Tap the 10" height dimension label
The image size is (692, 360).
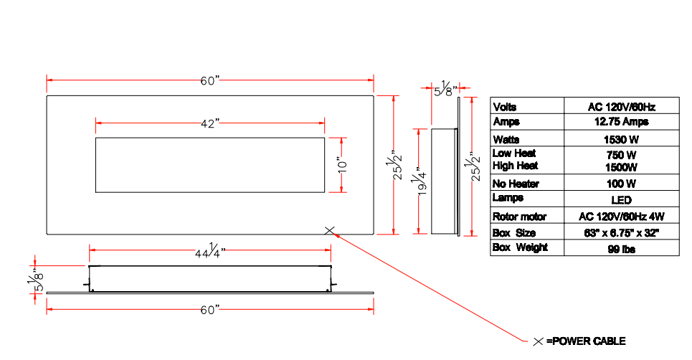coord(342,165)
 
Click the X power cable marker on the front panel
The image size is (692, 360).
coord(329,230)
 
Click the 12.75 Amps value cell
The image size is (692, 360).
coord(621,122)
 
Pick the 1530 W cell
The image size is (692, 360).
coord(621,139)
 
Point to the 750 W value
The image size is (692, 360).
coord(621,154)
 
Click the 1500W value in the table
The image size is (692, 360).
coord(621,167)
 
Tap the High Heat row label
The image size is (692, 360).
coord(515,166)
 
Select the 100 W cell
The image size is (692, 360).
coord(621,184)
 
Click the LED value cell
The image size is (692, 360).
coord(621,199)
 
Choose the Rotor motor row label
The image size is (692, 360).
coord(519,216)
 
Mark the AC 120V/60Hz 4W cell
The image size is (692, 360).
coord(621,216)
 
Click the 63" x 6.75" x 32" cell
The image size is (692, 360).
coord(621,233)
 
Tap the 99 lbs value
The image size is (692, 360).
coord(621,249)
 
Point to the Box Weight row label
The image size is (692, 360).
coord(520,247)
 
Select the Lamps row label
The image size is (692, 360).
coord(508,197)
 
